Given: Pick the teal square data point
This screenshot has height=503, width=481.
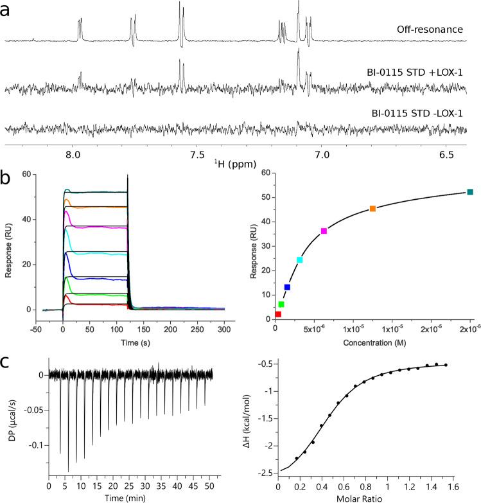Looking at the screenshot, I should [470, 192].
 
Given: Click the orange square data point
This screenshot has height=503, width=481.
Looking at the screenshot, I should [372, 209].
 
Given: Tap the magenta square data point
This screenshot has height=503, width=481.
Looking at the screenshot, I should [324, 231].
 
